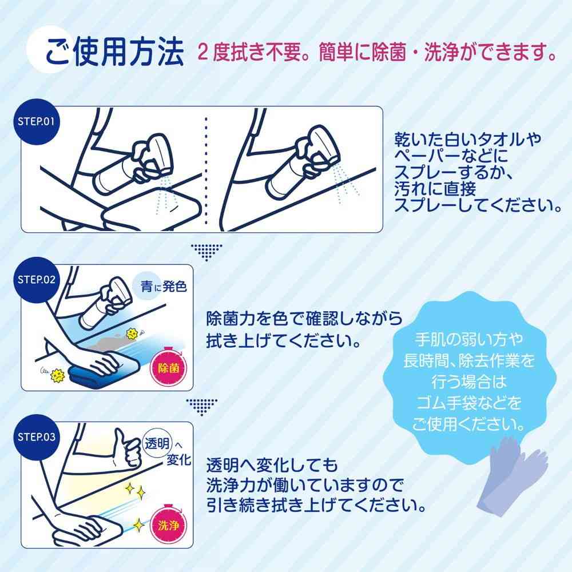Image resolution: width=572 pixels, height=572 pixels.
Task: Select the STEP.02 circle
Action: click(36, 280)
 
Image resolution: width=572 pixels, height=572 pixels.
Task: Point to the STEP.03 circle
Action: click(36, 438)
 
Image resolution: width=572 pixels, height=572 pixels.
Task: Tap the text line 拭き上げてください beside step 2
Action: click(283, 341)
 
